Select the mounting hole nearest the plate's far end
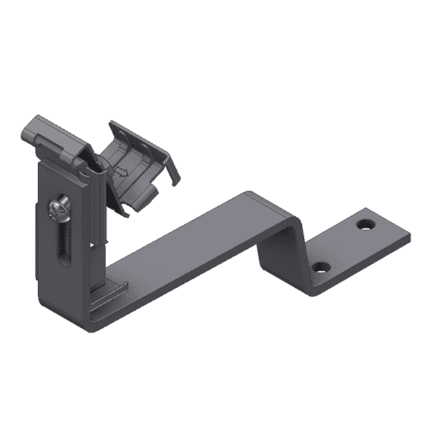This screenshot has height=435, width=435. point(365,223)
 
